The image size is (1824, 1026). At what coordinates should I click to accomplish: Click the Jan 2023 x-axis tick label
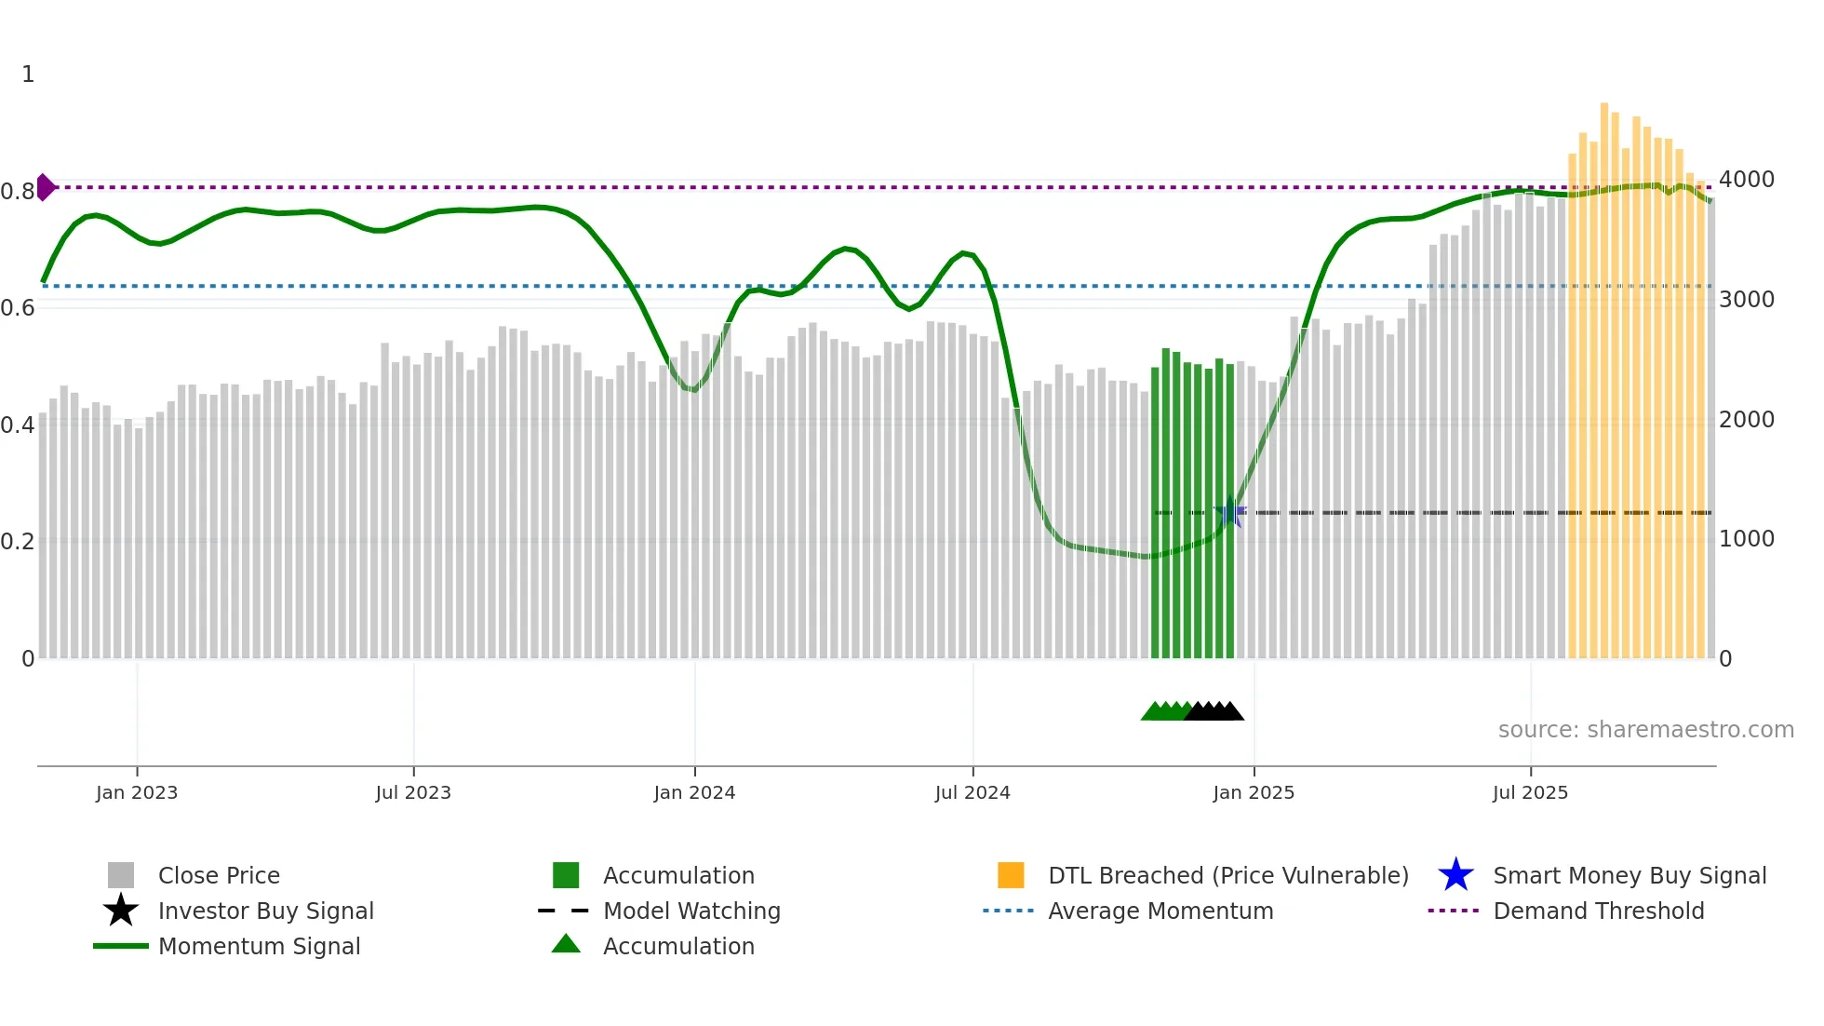[x=136, y=792]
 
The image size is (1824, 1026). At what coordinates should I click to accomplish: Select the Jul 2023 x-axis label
[x=413, y=792]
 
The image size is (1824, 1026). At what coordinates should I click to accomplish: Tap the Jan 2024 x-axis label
[x=694, y=792]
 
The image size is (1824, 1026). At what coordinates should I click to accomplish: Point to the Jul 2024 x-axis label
[x=972, y=792]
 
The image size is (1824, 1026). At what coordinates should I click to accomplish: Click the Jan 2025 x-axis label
[x=1254, y=792]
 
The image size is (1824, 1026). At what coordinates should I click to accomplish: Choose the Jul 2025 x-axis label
[x=1530, y=792]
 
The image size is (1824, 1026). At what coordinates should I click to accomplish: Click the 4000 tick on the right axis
[x=1747, y=179]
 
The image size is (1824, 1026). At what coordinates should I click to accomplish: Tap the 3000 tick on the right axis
[x=1747, y=299]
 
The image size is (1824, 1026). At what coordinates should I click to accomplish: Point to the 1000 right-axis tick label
[x=1747, y=538]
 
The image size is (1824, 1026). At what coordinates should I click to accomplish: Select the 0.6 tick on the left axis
[x=18, y=307]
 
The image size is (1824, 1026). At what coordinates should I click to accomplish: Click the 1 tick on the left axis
[x=28, y=74]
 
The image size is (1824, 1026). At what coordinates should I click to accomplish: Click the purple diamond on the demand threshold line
[x=45, y=187]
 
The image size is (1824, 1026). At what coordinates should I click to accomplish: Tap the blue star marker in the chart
[x=1230, y=512]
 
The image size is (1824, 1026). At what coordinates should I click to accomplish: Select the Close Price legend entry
[x=219, y=875]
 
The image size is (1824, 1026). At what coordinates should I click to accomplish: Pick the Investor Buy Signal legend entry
[x=265, y=911]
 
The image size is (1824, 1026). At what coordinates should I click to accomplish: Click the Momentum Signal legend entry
[x=259, y=946]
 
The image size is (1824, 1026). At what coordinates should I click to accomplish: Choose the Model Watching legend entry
[x=691, y=911]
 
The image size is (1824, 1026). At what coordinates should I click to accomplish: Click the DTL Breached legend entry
[x=1227, y=875]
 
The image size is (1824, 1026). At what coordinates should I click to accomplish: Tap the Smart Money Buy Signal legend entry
[x=1630, y=875]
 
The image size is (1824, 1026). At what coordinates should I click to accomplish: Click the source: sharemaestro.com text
[x=1645, y=729]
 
